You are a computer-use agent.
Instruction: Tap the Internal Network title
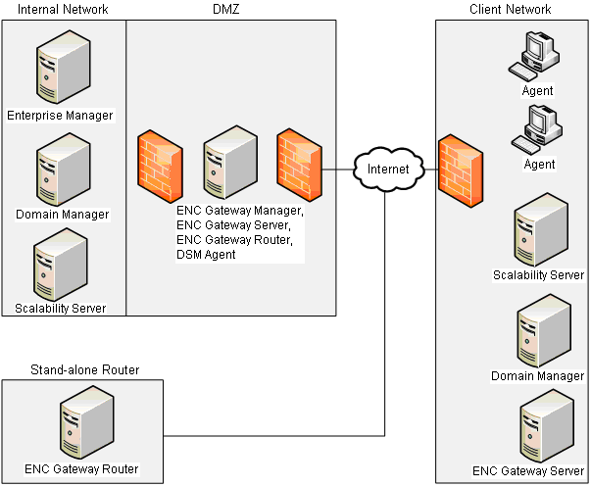[x=63, y=10]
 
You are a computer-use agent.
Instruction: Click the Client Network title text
[x=511, y=10]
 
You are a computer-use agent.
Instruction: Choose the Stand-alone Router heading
[x=84, y=370]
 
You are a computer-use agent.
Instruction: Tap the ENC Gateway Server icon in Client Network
[x=541, y=428]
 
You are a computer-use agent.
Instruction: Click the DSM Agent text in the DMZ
[x=207, y=255]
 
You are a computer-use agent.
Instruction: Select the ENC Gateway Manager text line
[x=240, y=211]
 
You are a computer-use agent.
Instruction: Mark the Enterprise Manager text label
[x=60, y=116]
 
